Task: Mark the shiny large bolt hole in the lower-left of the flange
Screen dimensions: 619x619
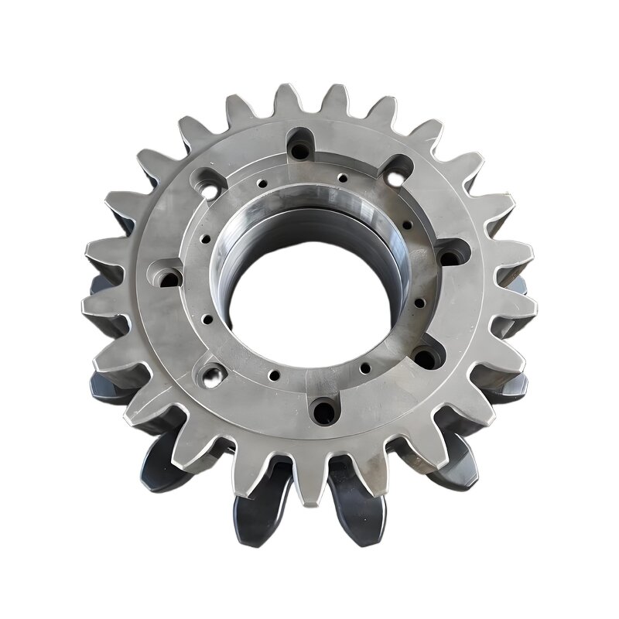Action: click(210, 377)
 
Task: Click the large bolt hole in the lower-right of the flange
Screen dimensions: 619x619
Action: click(427, 357)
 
